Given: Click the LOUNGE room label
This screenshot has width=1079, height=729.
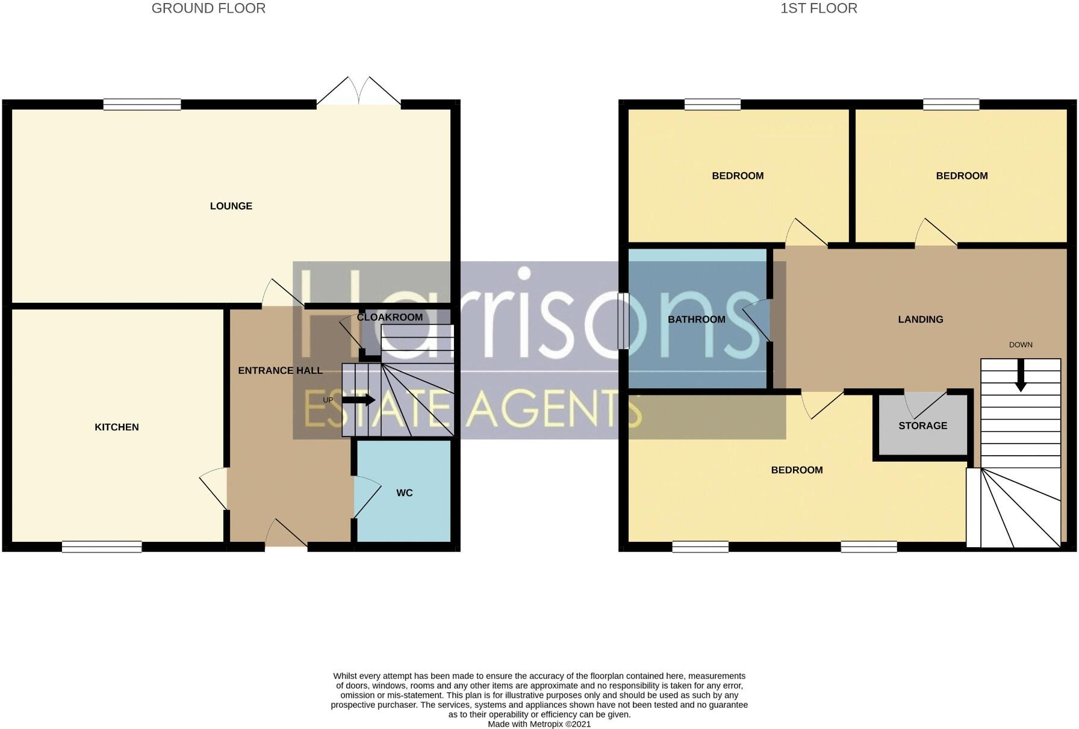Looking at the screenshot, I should point(231,206).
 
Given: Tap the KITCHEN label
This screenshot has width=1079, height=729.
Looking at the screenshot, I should point(117,427).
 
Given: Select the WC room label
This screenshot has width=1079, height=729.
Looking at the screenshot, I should point(404,493).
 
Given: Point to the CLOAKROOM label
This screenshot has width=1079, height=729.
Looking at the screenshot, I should point(390,317).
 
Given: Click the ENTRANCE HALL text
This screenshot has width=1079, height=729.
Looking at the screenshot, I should point(280,370).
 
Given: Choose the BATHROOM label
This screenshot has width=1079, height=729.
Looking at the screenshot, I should point(696,319).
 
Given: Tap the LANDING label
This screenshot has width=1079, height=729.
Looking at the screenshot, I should point(920,319).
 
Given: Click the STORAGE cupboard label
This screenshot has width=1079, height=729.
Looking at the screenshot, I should point(922,426).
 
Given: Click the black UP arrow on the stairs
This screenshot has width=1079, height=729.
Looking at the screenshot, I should point(358,400).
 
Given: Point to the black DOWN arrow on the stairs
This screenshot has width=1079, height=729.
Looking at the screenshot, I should point(1021,376).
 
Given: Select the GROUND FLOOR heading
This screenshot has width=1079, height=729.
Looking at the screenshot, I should point(208,8).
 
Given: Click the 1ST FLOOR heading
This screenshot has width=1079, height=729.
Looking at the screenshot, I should point(818,8).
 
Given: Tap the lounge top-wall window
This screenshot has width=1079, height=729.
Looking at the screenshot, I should point(142,105).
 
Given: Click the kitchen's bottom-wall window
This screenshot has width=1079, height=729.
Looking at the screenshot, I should point(102,547).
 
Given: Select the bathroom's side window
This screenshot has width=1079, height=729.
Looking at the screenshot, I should point(623,320).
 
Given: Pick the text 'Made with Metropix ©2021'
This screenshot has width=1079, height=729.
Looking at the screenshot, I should point(539,724).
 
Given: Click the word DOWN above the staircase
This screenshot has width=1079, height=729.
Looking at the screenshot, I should point(1021,345).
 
